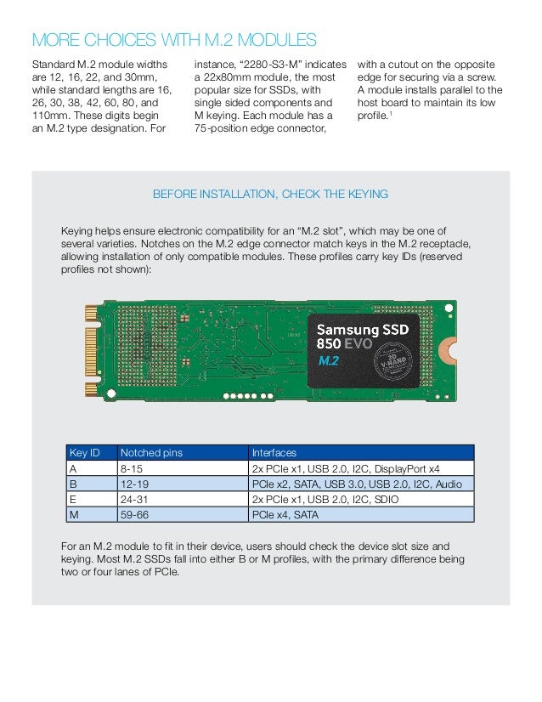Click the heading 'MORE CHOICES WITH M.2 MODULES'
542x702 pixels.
(x=174, y=40)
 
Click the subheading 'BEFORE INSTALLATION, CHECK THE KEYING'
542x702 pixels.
(x=270, y=195)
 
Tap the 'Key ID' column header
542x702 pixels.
(x=84, y=453)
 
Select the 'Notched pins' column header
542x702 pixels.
(x=145, y=453)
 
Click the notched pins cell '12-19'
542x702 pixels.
(x=133, y=484)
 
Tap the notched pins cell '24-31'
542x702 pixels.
(x=133, y=499)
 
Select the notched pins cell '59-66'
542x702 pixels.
(x=133, y=514)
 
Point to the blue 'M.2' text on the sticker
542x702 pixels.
(x=329, y=361)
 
